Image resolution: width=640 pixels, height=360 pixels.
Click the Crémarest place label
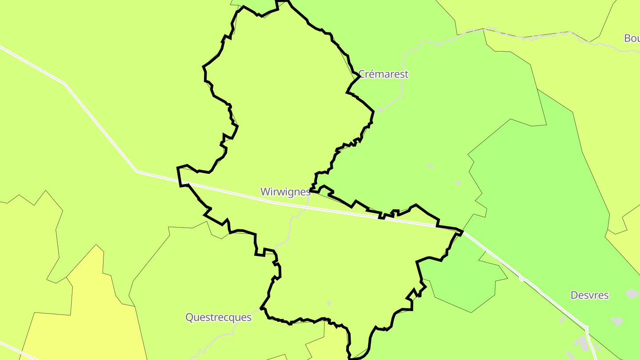(383, 74)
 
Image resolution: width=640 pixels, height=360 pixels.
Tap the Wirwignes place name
(285, 192)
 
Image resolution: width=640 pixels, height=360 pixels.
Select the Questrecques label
(218, 317)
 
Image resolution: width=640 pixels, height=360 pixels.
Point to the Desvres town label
(589, 295)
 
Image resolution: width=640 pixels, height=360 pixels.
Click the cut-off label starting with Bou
(632, 38)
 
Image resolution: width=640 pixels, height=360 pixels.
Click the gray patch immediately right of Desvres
(632, 293)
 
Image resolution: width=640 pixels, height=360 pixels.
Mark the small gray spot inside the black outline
(329, 303)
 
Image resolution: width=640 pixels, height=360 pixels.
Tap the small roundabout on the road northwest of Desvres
(522, 279)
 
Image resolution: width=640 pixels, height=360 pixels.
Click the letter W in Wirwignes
(265, 192)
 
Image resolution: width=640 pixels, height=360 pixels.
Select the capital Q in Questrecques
(189, 317)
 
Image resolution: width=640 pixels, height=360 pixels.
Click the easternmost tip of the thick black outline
(463, 232)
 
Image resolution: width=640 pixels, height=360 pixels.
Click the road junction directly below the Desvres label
(587, 328)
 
